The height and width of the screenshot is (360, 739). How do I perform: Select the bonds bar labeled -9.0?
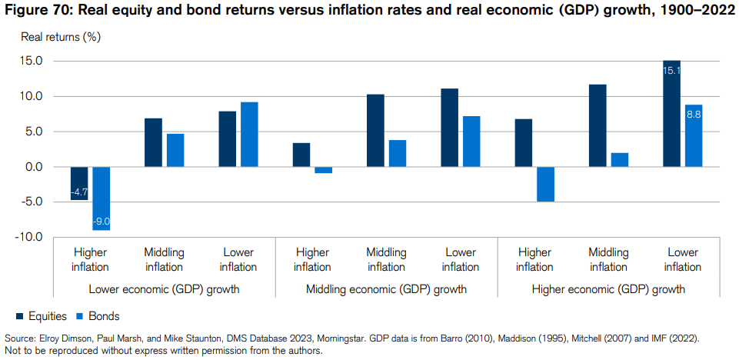coord(102,198)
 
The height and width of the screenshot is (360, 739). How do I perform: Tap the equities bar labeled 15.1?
coord(671,113)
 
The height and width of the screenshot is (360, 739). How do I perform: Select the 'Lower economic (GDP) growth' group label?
coord(165,290)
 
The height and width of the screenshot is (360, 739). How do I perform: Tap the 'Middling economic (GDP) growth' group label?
coord(387,290)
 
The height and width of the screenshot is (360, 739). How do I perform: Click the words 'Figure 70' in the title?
coord(35,10)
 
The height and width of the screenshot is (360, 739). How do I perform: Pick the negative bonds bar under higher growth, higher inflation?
coord(544,184)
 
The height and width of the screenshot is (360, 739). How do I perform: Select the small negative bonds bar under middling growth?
coord(323,170)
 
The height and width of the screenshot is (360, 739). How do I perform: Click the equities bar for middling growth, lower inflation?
coord(449,128)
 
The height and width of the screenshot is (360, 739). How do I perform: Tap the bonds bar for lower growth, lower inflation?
coord(249,135)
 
